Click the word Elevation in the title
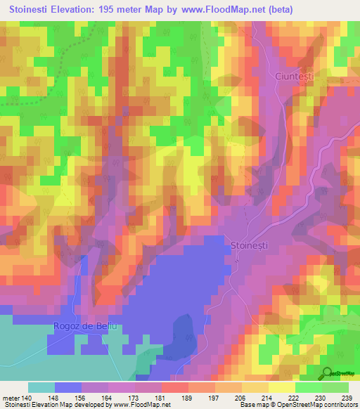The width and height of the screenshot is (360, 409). (x=77, y=10)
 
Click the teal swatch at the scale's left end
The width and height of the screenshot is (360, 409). (x=41, y=387)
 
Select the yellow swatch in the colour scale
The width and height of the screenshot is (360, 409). (x=282, y=387)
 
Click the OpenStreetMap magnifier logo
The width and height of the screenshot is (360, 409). (x=328, y=372)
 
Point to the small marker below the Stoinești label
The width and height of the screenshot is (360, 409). (x=237, y=257)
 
